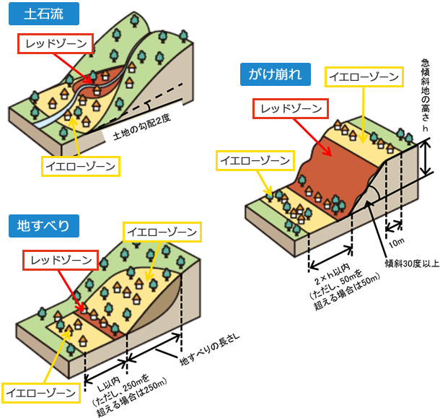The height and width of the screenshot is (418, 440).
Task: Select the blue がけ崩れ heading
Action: click(275, 74)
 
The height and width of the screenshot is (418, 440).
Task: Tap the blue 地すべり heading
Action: click(43, 226)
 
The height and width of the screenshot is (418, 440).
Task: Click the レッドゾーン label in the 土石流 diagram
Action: click(56, 45)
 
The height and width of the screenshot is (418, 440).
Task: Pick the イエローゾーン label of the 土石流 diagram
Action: click(80, 165)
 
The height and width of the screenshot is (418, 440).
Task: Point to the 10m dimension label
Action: click(396, 236)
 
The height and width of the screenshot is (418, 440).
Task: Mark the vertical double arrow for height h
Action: click(427, 154)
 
